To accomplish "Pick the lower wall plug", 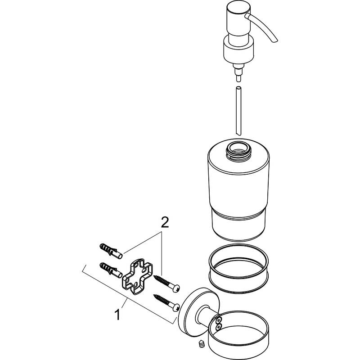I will pyautogui.click(x=109, y=269).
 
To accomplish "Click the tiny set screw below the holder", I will pyautogui.click(x=202, y=344).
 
